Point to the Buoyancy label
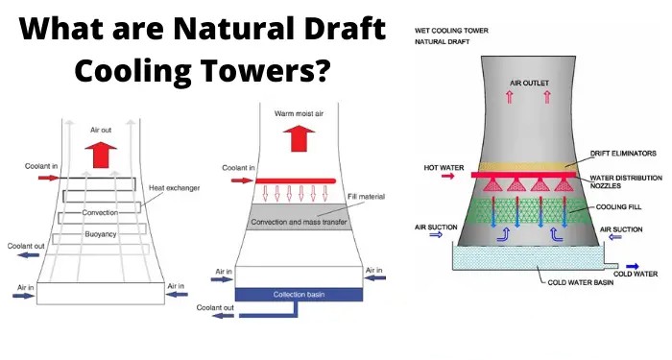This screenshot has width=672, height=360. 101,231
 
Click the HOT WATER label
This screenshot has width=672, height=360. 444,167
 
